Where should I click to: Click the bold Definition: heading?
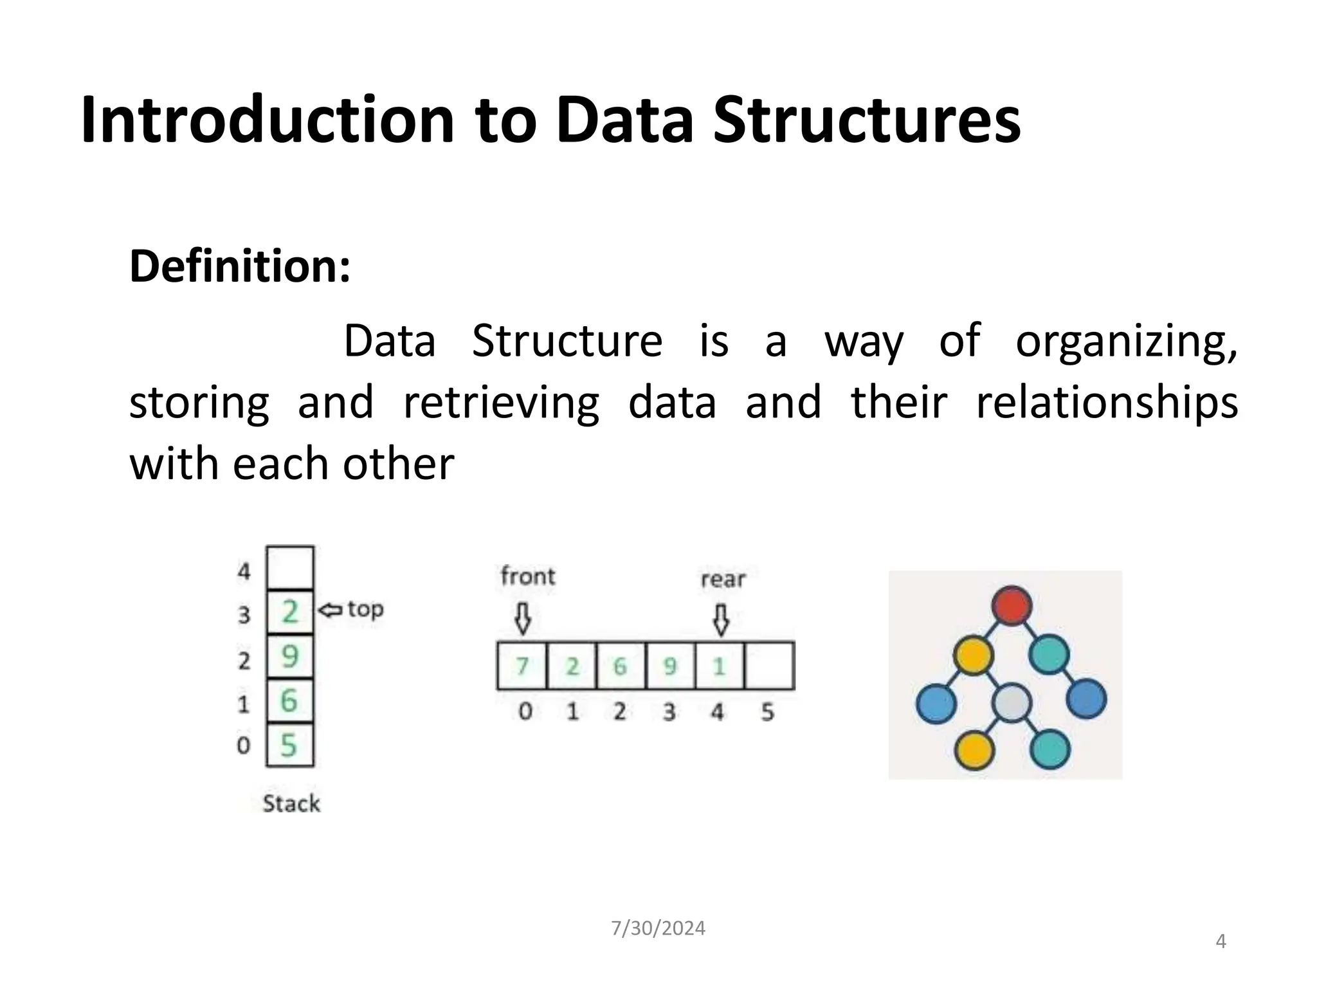240,266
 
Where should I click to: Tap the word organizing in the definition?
1126,341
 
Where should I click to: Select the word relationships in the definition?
1106,403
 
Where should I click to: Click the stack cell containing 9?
290,657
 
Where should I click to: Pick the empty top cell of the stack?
290,567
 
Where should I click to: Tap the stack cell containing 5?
290,746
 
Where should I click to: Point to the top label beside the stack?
365,608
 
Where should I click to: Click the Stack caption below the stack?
291,803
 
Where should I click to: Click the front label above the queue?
527,576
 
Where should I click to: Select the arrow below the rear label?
722,619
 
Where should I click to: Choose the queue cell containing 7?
522,666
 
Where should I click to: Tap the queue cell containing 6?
621,666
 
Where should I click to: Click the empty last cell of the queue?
769,666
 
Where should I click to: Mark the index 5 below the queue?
767,712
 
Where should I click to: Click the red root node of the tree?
1012,605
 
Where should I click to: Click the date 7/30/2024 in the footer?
658,928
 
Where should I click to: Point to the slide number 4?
1221,942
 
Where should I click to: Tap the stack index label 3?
244,616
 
